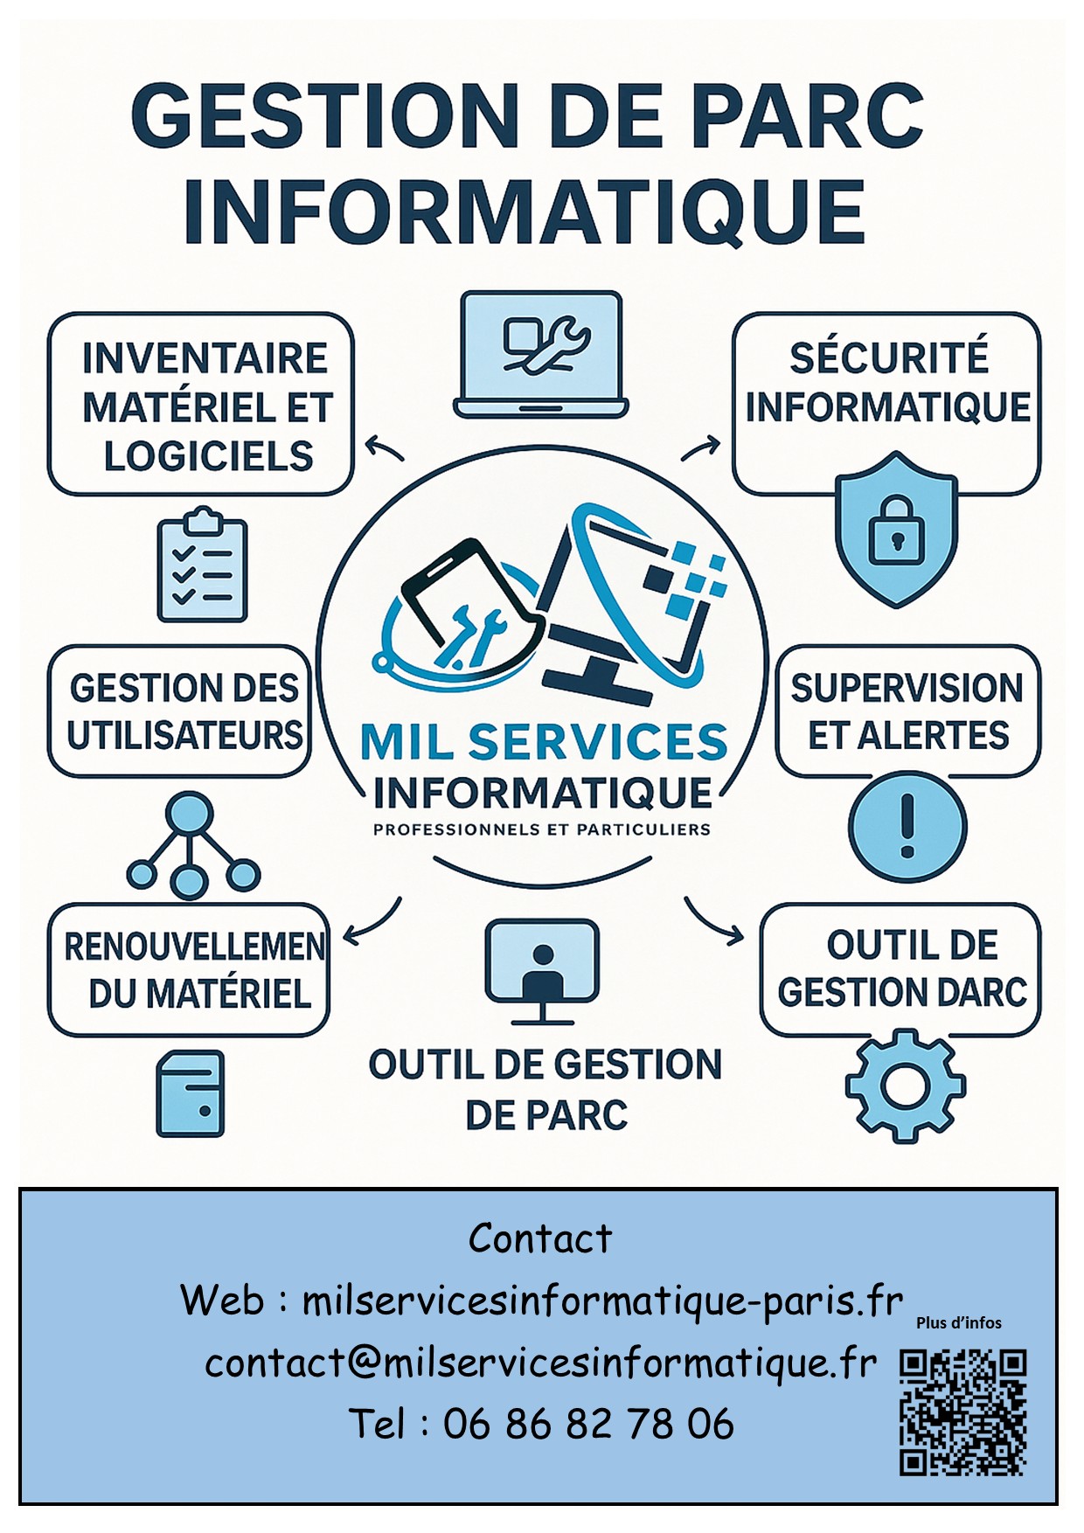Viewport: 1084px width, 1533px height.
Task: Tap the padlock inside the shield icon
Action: click(x=896, y=530)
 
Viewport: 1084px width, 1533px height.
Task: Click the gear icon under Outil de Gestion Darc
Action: click(x=905, y=1086)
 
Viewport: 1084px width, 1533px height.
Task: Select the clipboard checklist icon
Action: click(x=202, y=565)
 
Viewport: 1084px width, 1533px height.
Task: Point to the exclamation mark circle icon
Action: click(x=907, y=827)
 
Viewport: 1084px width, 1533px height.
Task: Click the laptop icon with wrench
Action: click(x=541, y=354)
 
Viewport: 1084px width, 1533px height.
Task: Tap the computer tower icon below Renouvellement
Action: click(x=190, y=1093)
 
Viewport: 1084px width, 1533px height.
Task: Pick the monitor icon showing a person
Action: click(x=542, y=971)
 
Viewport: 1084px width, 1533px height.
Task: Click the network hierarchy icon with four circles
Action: click(x=192, y=845)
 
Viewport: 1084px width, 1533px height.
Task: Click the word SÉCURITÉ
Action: click(x=888, y=358)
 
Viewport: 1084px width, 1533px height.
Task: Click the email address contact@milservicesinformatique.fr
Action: click(x=540, y=1363)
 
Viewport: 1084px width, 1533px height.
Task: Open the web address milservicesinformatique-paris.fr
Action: click(x=602, y=1301)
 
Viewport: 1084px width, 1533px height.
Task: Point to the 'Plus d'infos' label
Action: click(x=959, y=1323)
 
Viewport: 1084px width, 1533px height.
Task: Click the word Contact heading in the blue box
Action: click(x=540, y=1238)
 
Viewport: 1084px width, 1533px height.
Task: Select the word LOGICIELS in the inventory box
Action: click(x=208, y=456)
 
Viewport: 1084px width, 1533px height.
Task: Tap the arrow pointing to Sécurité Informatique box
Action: click(x=700, y=448)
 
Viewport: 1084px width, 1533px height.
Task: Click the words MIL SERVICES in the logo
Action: click(x=543, y=742)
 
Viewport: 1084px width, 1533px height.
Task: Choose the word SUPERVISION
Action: click(x=907, y=689)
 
